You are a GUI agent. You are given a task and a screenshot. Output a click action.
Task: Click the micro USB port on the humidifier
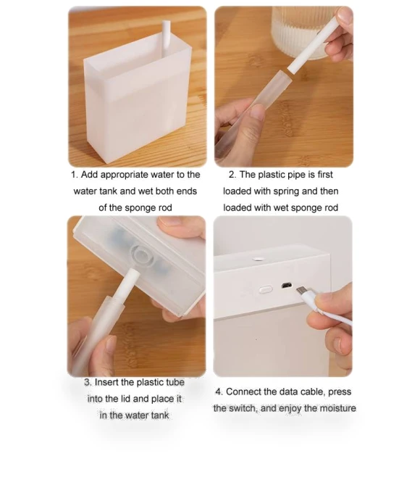[286, 286]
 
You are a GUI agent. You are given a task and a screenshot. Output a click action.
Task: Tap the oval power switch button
[266, 289]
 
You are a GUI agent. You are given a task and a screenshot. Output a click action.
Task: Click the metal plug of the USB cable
[303, 290]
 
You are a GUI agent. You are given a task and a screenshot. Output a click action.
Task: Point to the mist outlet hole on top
[258, 259]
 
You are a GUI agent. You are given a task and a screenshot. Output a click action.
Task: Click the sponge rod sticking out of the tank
[167, 38]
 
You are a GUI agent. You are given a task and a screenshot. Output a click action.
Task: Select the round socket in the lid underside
[141, 255]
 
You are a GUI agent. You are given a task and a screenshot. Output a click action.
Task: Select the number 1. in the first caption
[75, 175]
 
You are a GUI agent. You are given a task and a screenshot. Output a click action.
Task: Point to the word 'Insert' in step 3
[106, 382]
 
